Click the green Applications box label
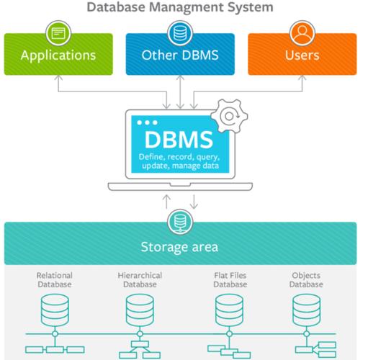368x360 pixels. [x=58, y=55]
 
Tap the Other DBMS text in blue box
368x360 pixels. [x=180, y=55]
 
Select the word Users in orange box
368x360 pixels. [x=302, y=55]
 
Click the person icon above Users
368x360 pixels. [x=302, y=33]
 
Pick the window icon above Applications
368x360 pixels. [x=58, y=33]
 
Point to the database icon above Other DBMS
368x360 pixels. [x=180, y=33]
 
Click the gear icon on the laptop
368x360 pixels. [x=229, y=116]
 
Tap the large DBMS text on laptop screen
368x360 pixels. [x=179, y=140]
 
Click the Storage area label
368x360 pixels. [x=179, y=247]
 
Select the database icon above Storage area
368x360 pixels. [x=180, y=222]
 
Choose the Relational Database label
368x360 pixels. [x=55, y=280]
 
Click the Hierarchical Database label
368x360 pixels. [x=140, y=280]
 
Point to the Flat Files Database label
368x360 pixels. [x=230, y=280]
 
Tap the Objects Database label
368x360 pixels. [x=306, y=280]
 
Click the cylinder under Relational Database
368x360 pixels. [x=55, y=310]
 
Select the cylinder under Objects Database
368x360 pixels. [x=306, y=310]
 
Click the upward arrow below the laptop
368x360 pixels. [x=166, y=202]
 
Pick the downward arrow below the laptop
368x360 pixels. [x=194, y=202]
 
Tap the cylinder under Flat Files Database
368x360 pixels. [x=230, y=310]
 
